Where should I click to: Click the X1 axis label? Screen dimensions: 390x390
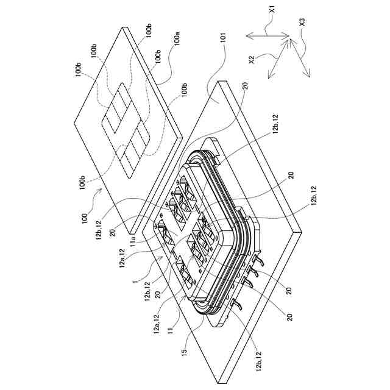coord(272,10)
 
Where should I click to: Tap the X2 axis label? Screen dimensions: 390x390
coord(251,60)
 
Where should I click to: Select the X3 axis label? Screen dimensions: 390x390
coord(302,22)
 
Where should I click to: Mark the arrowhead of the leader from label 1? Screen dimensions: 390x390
coord(161,256)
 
